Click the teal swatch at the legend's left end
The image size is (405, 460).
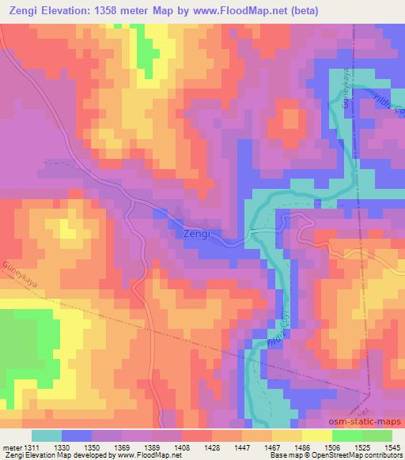point(47,435)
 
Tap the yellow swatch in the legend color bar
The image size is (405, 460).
point(317,435)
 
